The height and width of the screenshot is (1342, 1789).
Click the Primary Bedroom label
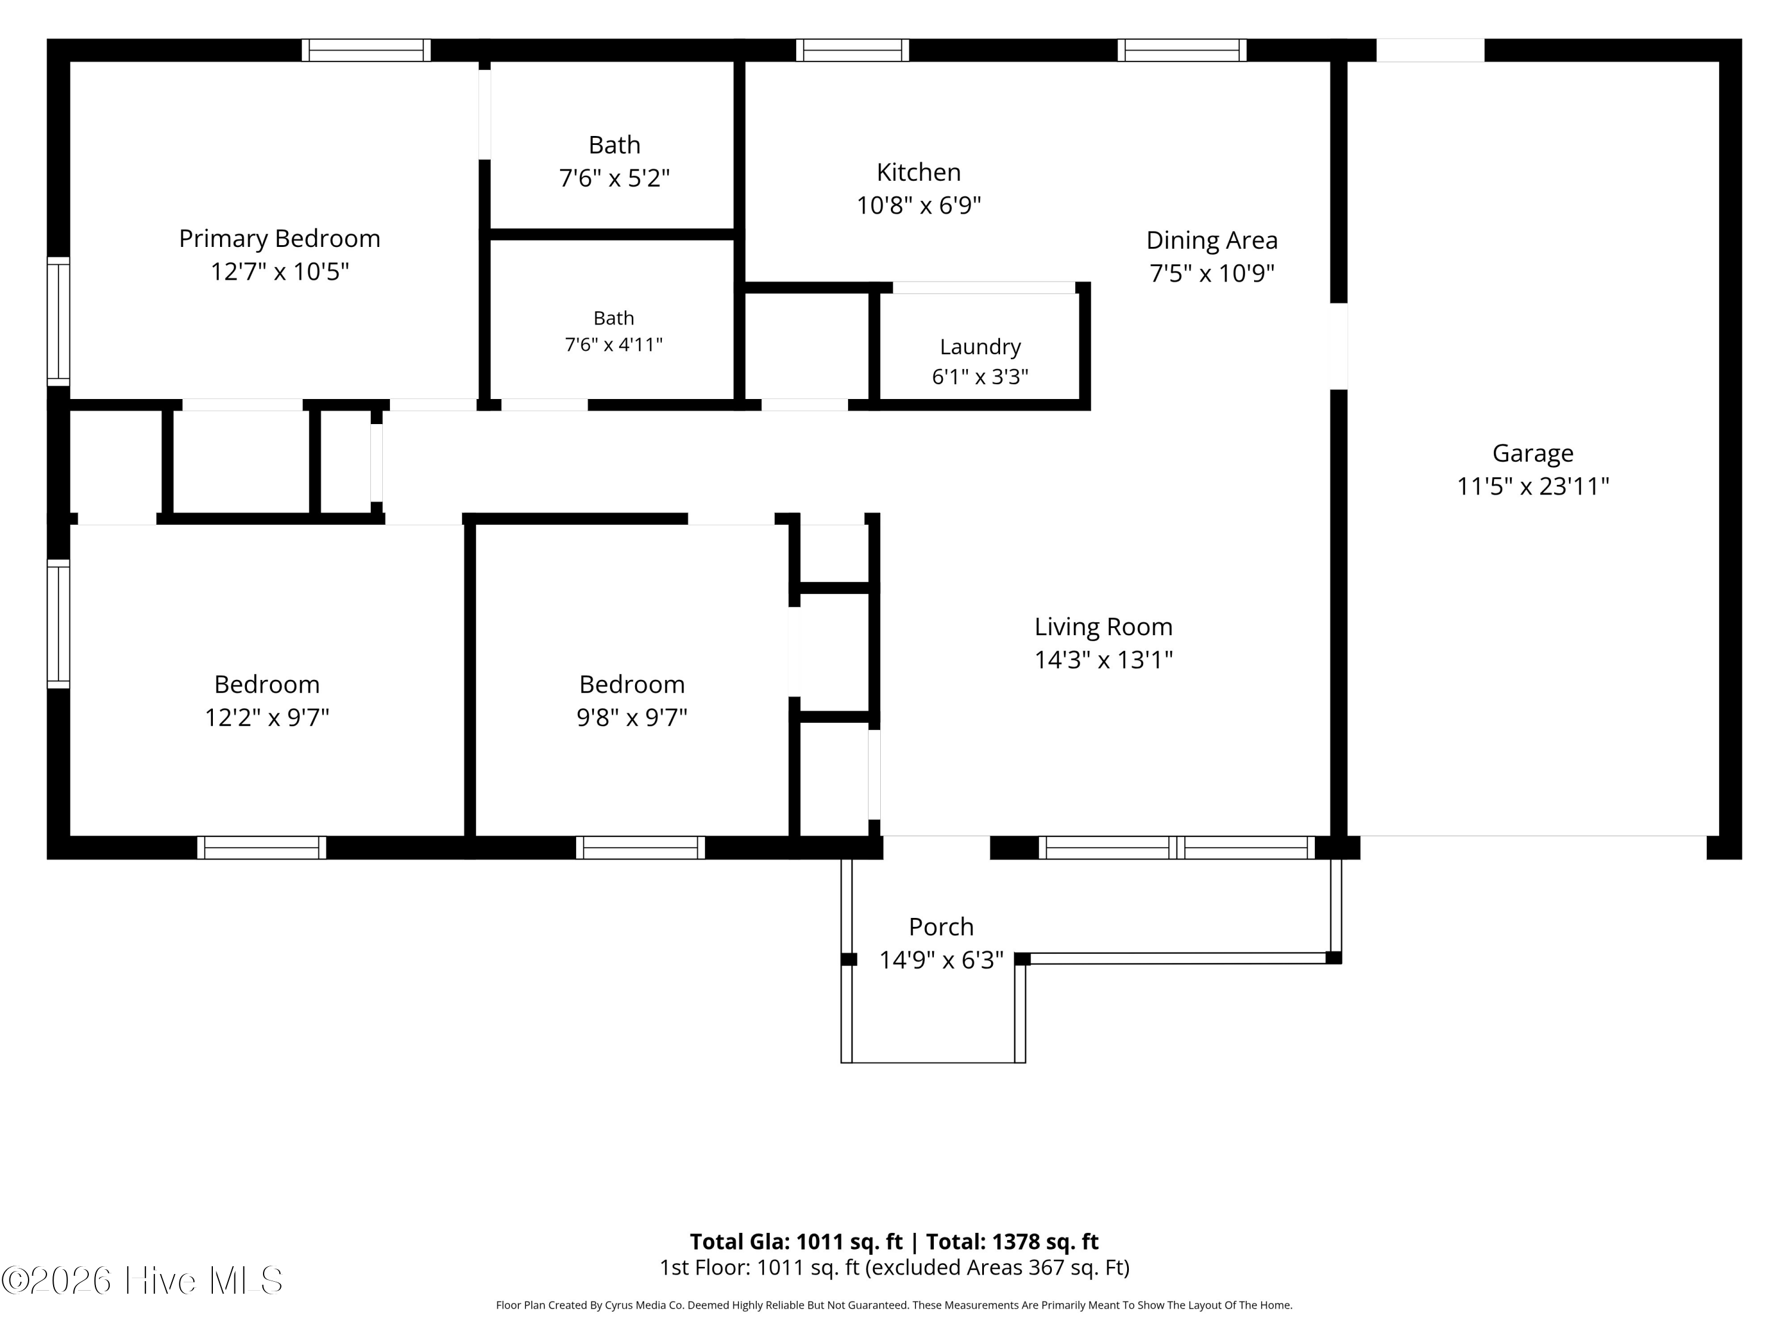pos(280,239)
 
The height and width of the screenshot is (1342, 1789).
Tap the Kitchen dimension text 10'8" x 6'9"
pos(919,205)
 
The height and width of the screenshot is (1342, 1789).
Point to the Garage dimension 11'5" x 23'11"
pos(1533,486)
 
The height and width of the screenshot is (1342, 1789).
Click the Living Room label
pos(1103,627)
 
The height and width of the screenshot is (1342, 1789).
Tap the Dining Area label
pos(1212,240)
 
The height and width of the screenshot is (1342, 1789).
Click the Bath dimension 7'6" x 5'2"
pos(615,178)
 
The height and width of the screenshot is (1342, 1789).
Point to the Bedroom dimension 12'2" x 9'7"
pos(267,718)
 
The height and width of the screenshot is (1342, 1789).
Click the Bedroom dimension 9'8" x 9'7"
pos(632,718)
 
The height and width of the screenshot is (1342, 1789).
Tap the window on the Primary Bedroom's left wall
pos(58,321)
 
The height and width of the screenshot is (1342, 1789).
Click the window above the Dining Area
pos(1181,50)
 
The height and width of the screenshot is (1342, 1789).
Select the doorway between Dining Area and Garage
pos(1339,346)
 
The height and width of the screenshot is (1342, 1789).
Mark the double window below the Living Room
pos(1177,848)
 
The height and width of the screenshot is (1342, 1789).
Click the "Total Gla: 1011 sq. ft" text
pos(796,1242)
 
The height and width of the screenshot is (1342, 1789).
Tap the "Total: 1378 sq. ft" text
pos(1013,1242)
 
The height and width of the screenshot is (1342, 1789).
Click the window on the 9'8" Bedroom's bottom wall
pos(640,848)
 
